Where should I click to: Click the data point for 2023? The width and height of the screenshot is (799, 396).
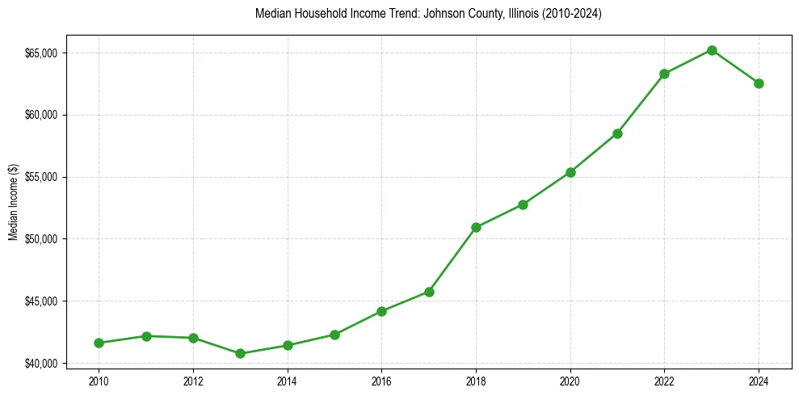click(712, 50)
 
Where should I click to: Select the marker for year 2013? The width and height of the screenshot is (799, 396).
click(240, 353)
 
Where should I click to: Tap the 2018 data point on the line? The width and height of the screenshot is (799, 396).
click(476, 227)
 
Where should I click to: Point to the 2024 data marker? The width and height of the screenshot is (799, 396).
click(759, 83)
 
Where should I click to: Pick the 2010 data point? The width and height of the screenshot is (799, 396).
click(99, 343)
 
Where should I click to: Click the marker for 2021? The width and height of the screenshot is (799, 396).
click(617, 133)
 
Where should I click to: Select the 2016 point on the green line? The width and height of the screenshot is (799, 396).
click(381, 311)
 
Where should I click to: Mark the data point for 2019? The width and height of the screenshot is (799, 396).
click(523, 204)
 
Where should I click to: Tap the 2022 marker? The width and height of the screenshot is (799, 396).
click(664, 74)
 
